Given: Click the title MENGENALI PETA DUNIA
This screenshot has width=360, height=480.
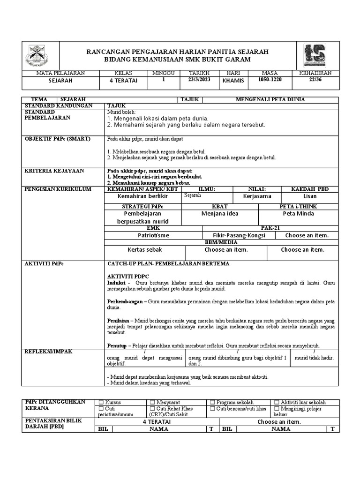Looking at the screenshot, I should [x=270, y=99].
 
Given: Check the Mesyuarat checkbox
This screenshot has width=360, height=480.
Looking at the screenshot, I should [x=152, y=402].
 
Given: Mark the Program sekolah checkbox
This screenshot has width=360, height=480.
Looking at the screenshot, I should [x=212, y=402].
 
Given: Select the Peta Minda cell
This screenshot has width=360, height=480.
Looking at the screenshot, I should [x=299, y=213].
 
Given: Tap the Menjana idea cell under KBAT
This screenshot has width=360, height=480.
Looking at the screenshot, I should [x=220, y=213].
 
